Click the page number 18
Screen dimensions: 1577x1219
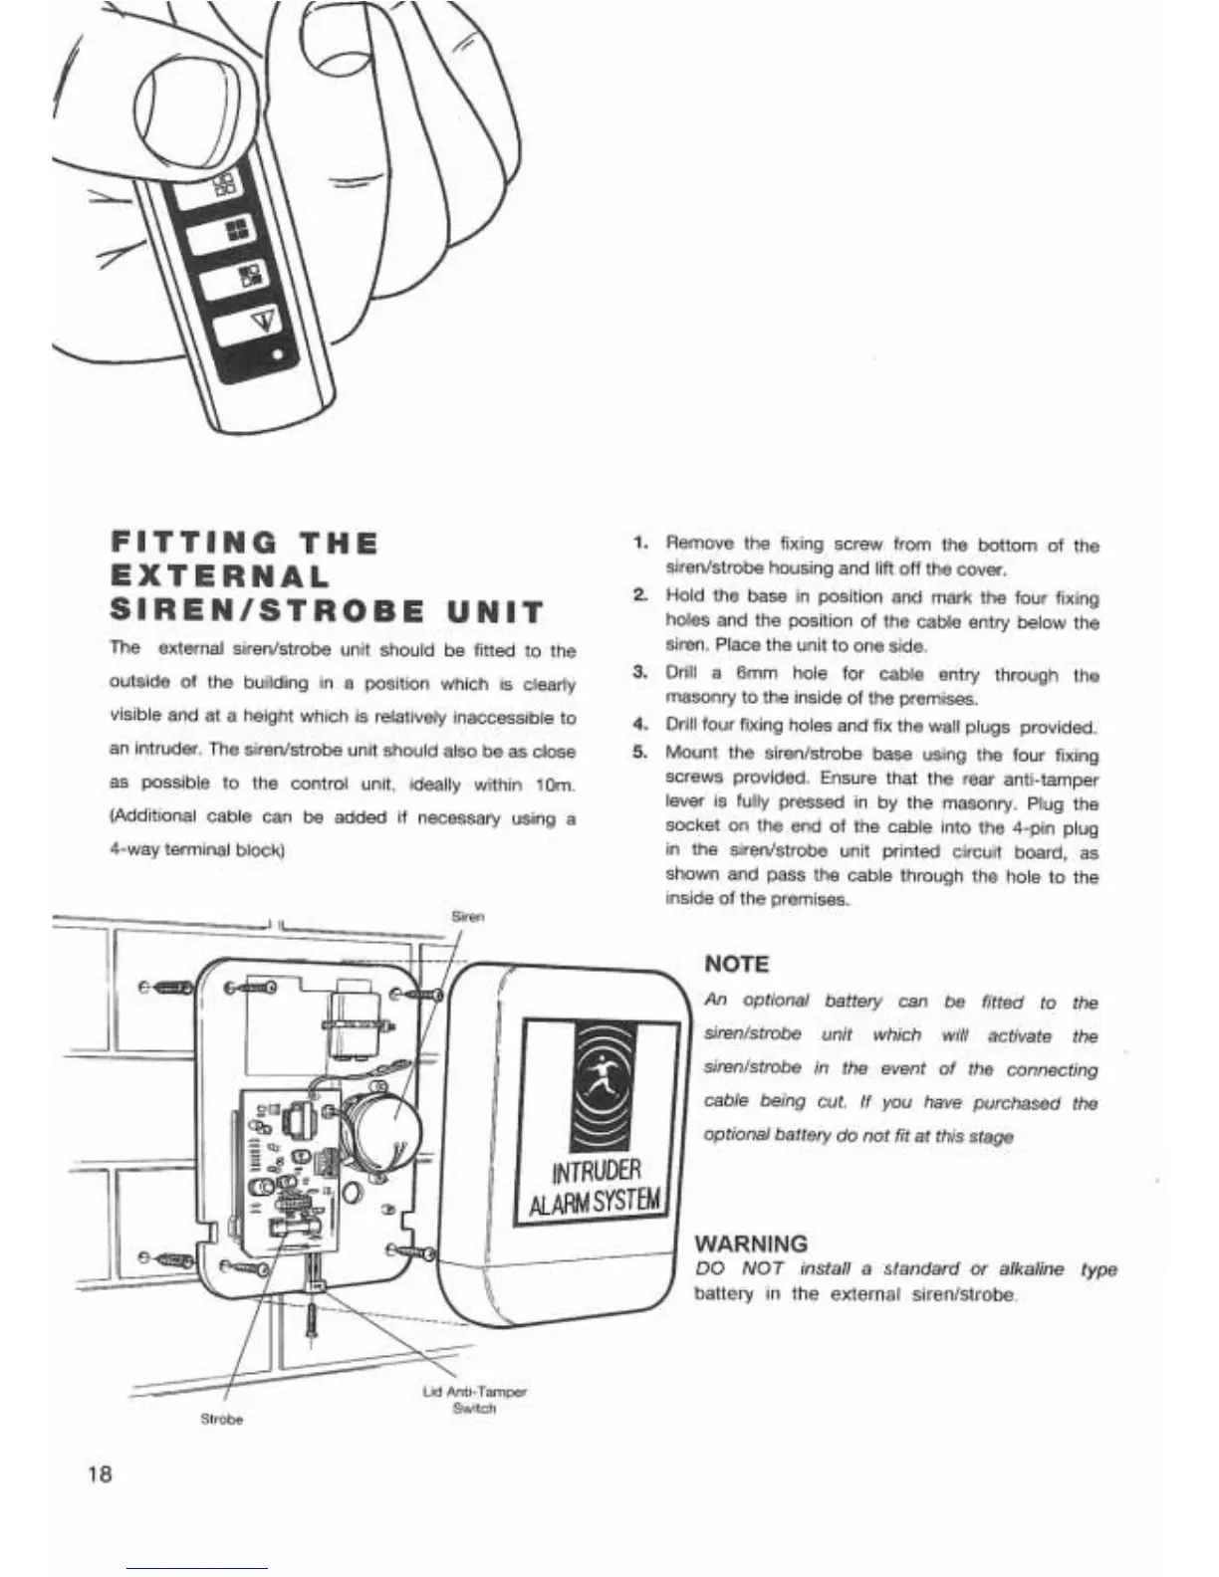pos(100,1472)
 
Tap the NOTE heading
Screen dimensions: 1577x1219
pos(736,964)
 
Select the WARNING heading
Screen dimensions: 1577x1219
pos(750,1243)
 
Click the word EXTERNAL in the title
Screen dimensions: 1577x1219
pos(219,577)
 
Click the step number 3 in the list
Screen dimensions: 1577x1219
pos(640,673)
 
